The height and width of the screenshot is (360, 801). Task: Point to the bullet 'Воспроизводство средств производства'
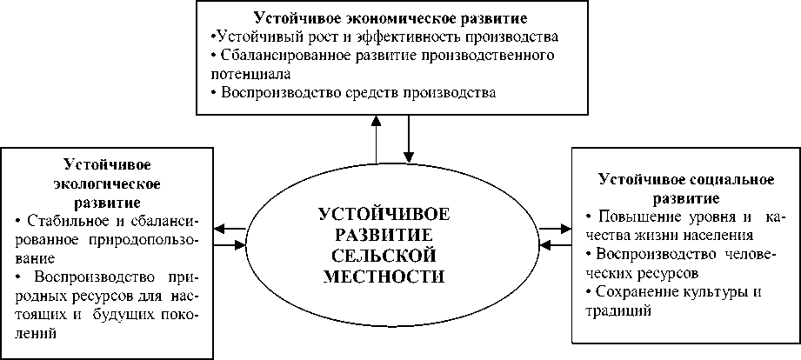tap(358, 93)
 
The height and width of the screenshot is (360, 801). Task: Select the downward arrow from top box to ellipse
tap(407, 139)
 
